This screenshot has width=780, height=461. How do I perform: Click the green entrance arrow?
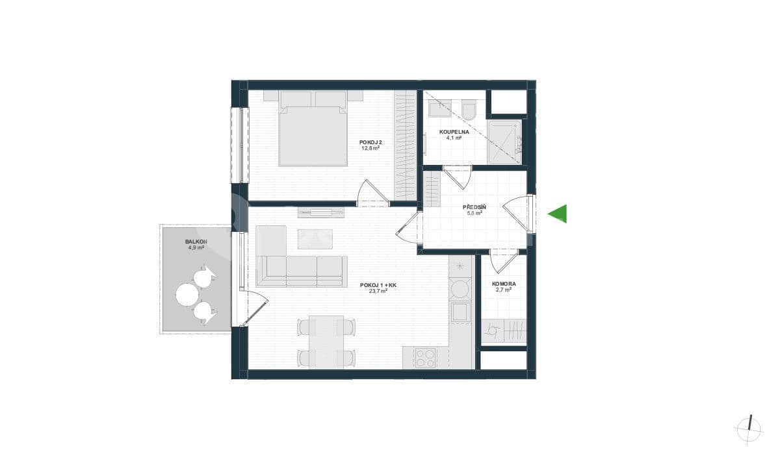(x=558, y=214)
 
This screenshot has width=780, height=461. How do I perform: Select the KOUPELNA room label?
(x=454, y=131)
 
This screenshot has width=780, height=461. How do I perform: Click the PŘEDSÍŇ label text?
(x=474, y=207)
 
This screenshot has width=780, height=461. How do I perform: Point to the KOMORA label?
(x=504, y=284)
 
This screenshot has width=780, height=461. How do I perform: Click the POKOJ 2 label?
(x=370, y=142)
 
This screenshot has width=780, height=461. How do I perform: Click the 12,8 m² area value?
(x=370, y=148)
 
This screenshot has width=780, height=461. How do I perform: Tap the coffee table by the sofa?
(x=315, y=238)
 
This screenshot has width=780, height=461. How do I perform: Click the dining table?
(x=327, y=341)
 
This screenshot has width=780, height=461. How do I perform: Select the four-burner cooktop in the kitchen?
(x=426, y=358)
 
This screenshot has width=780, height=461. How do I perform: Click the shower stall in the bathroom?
(x=504, y=142)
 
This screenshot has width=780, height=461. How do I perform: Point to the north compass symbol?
(x=749, y=428)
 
